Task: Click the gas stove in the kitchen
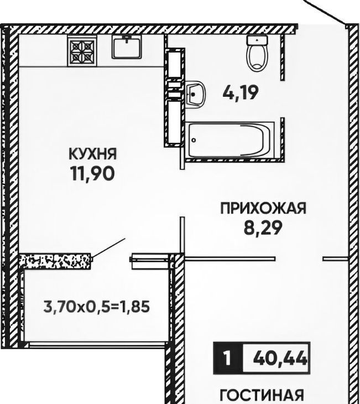click(x=82, y=50)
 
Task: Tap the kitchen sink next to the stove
click(x=127, y=47)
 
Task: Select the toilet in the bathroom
click(x=257, y=53)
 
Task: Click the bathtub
click(x=229, y=140)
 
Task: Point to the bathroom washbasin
click(x=195, y=94)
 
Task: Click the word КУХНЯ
click(x=93, y=154)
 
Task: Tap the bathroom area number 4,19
click(x=240, y=93)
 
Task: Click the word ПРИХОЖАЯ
click(x=263, y=209)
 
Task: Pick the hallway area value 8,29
click(x=262, y=227)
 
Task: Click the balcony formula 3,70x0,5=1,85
click(x=97, y=307)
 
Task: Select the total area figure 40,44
click(x=280, y=358)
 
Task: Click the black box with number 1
click(x=228, y=358)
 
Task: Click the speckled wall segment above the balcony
click(x=55, y=261)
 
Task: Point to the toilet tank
click(x=257, y=40)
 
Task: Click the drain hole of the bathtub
click(x=194, y=140)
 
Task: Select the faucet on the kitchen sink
click(x=127, y=39)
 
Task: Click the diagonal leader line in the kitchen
click(x=108, y=248)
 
